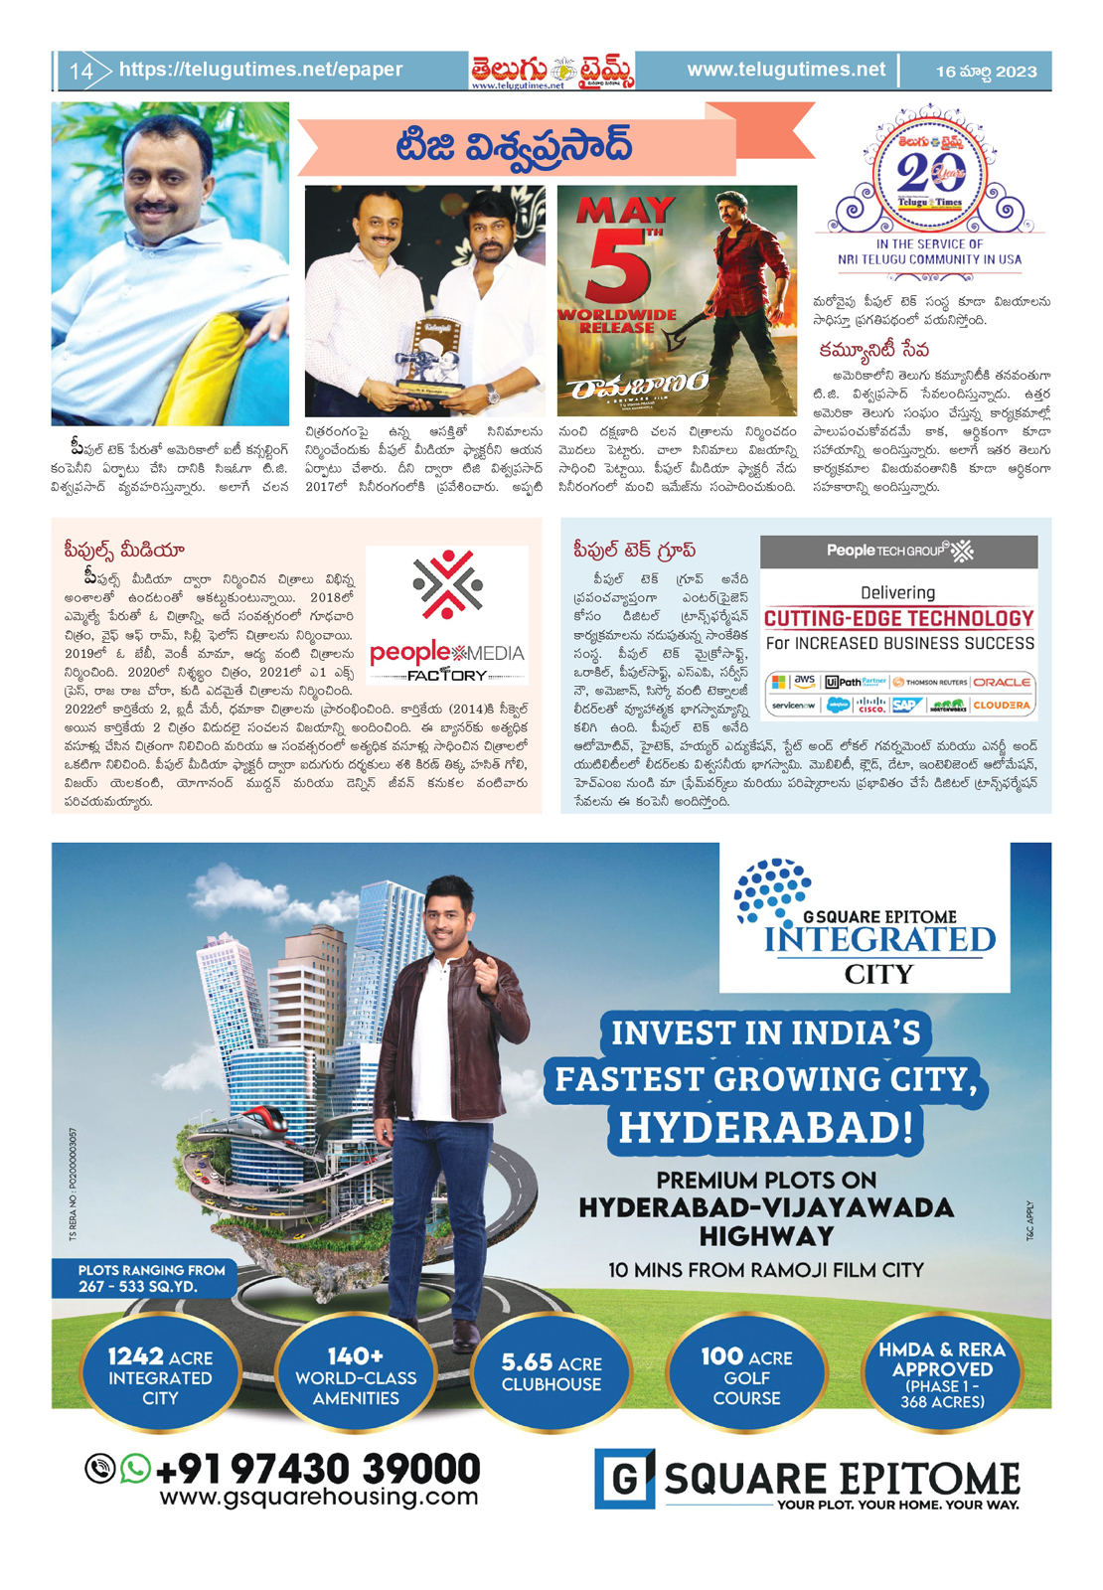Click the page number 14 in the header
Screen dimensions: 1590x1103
point(80,72)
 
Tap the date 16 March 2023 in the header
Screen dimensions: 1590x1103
point(986,72)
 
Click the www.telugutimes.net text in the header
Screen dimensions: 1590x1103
point(785,70)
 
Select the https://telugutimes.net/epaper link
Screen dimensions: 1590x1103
point(260,70)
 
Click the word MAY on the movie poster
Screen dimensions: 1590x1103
point(626,211)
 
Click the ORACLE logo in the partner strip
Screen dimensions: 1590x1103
point(1002,682)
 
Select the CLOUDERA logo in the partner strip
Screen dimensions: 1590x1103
point(1002,706)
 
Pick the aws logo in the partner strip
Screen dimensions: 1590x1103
point(805,681)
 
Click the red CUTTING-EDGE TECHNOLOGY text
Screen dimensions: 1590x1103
point(898,618)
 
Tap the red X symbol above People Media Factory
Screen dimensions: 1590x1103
point(447,584)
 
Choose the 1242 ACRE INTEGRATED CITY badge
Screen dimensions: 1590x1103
point(160,1376)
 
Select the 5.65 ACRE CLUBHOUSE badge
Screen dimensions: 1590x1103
point(551,1373)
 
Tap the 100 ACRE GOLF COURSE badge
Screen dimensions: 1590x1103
point(746,1376)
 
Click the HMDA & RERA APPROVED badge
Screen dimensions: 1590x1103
point(942,1374)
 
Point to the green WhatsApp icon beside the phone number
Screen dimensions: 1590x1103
point(135,1468)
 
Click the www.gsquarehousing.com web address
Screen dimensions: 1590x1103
point(319,1497)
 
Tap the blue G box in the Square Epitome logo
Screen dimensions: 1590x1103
point(624,1478)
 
